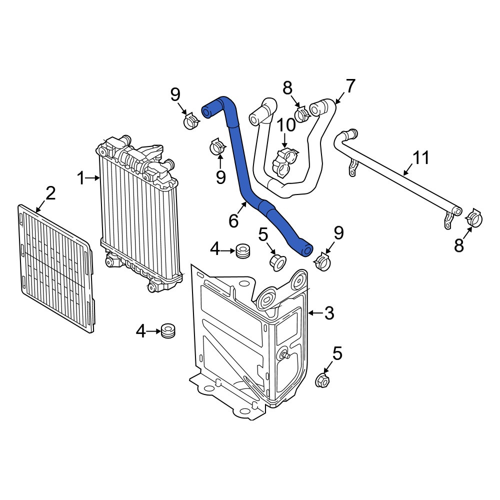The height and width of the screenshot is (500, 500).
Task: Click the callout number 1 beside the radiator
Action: (x=81, y=178)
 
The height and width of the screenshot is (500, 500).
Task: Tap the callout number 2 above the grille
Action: (x=50, y=193)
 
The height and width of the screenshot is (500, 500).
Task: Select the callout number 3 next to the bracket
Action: (x=329, y=313)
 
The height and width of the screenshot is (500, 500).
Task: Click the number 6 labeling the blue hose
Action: (x=233, y=220)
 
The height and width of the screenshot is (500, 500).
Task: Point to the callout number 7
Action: (x=350, y=86)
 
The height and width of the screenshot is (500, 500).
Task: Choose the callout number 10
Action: (x=285, y=124)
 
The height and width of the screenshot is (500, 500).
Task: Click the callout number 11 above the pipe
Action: (x=421, y=158)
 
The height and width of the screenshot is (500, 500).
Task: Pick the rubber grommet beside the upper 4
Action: (x=242, y=250)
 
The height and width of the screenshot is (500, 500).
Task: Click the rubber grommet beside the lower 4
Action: (x=167, y=330)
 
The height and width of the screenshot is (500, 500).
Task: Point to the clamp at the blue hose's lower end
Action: (x=322, y=261)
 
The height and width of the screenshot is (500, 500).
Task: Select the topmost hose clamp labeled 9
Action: (x=191, y=121)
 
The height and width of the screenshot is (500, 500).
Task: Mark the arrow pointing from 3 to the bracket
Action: (x=316, y=313)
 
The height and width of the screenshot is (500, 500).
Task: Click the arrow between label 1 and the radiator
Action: (x=93, y=178)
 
